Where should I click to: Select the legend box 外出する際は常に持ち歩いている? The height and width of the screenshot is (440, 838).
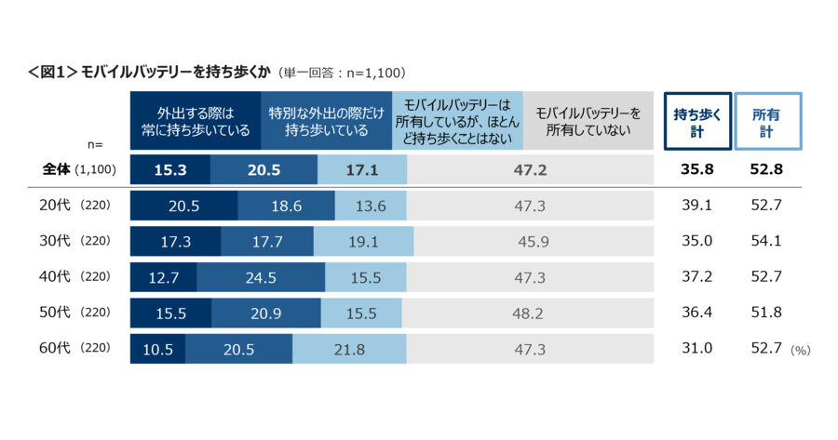[x=196, y=121]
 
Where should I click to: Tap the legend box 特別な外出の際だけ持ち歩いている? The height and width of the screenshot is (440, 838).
[x=327, y=121]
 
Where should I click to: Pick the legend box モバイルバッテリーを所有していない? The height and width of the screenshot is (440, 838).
[x=588, y=121]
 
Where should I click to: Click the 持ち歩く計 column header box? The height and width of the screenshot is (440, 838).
[x=696, y=121]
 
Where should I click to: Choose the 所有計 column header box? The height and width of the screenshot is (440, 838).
[x=767, y=121]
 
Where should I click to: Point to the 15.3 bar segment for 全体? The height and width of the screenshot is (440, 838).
[x=170, y=170]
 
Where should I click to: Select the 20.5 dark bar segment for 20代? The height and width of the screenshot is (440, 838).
[x=183, y=207]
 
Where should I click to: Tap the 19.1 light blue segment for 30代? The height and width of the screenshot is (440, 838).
[x=361, y=241]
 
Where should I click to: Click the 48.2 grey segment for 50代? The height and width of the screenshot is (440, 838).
[x=527, y=313]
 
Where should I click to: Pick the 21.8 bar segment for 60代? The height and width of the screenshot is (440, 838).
[x=349, y=349]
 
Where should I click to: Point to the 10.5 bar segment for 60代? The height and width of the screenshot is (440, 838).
[x=157, y=349]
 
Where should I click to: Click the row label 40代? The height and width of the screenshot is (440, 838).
[x=58, y=277]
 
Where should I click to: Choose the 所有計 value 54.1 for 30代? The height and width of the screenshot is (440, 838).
[x=767, y=241]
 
